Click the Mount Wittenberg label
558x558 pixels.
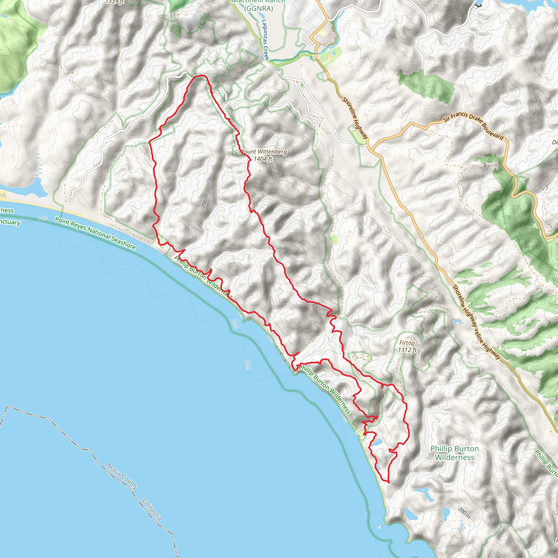(x=263, y=151)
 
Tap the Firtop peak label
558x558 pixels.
(x=407, y=343)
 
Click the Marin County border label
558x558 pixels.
(x=122, y=476)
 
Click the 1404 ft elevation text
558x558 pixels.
(x=263, y=159)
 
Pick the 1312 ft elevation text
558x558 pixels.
(x=407, y=350)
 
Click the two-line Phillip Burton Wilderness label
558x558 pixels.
(x=455, y=453)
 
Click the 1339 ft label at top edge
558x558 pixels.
(x=115, y=2)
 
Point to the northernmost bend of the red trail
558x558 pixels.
(x=199, y=76)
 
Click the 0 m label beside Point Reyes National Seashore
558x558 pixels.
(x=42, y=219)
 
